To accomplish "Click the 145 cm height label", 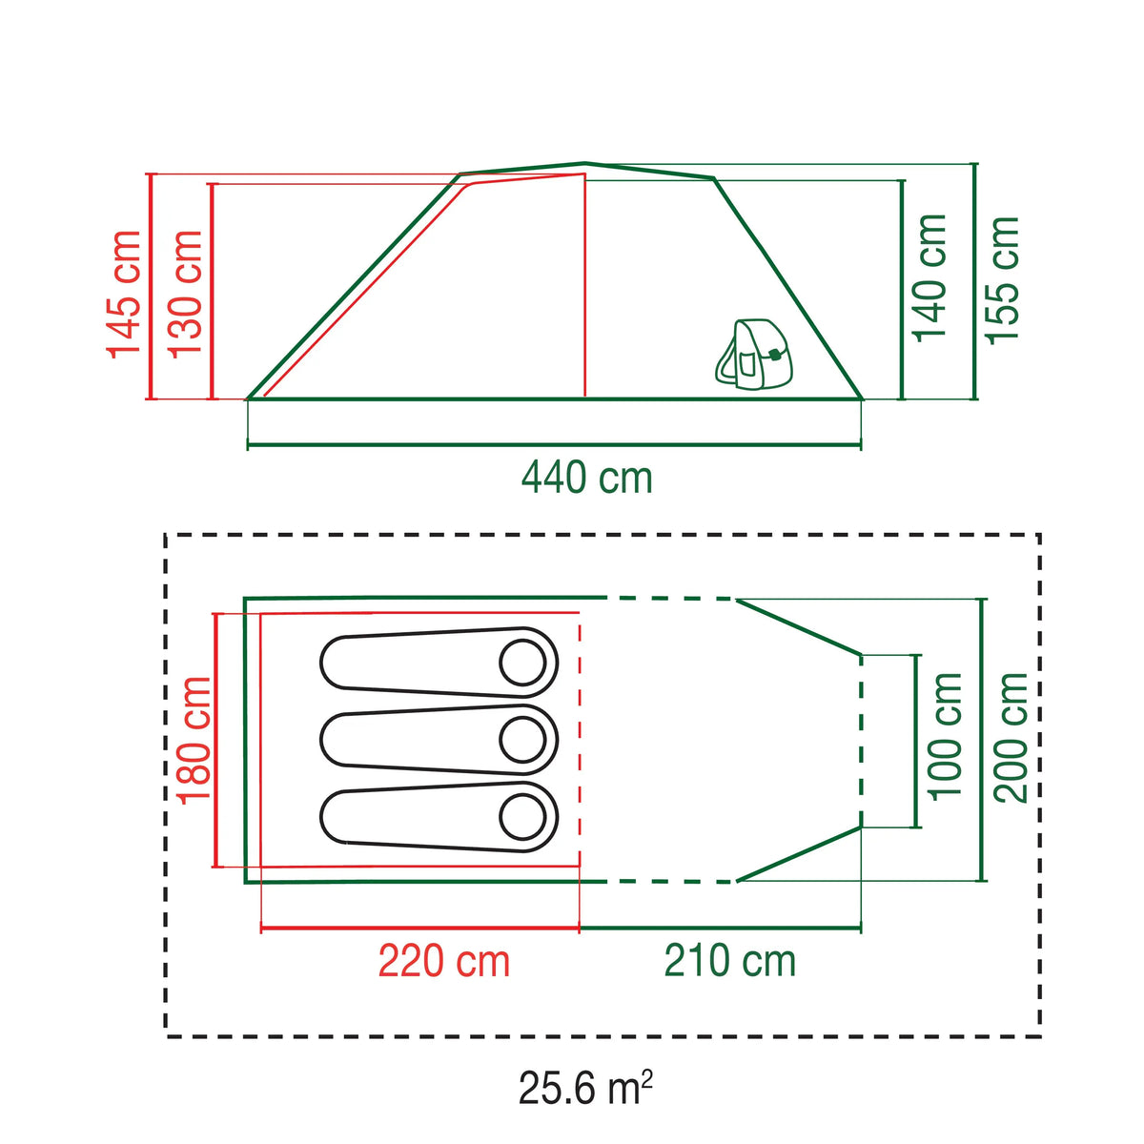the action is (124, 295).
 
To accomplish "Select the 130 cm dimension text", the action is (185, 295).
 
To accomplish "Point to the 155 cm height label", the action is (1003, 280).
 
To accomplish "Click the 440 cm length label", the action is (587, 478).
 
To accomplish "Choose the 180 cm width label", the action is (195, 740).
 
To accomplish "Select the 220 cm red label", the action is (444, 961).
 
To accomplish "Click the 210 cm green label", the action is (729, 961).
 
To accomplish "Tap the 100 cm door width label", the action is (945, 737).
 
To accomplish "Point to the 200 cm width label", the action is (1011, 738).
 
